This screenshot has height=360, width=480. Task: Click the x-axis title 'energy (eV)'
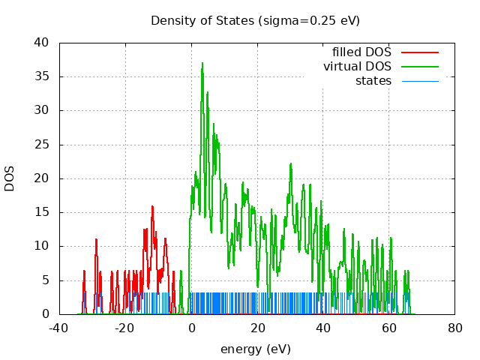255,349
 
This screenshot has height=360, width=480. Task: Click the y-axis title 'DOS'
10,178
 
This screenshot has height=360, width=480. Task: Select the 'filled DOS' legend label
361,52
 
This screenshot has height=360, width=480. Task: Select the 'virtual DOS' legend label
357,67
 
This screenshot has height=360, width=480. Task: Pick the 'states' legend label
373,81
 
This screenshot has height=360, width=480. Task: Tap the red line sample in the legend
419,52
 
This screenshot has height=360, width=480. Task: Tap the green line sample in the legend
419,67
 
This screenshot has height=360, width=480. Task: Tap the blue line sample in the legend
419,81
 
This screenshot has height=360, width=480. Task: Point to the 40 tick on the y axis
43,43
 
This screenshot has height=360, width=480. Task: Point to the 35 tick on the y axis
43,76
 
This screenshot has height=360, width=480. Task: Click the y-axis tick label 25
43,145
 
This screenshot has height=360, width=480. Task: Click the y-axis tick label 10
43,246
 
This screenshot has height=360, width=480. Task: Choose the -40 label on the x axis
59,328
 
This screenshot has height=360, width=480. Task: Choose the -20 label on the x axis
125,328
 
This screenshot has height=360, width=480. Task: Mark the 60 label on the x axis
389,328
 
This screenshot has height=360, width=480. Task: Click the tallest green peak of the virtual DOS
202,64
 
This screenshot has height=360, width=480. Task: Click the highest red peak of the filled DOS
152,206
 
